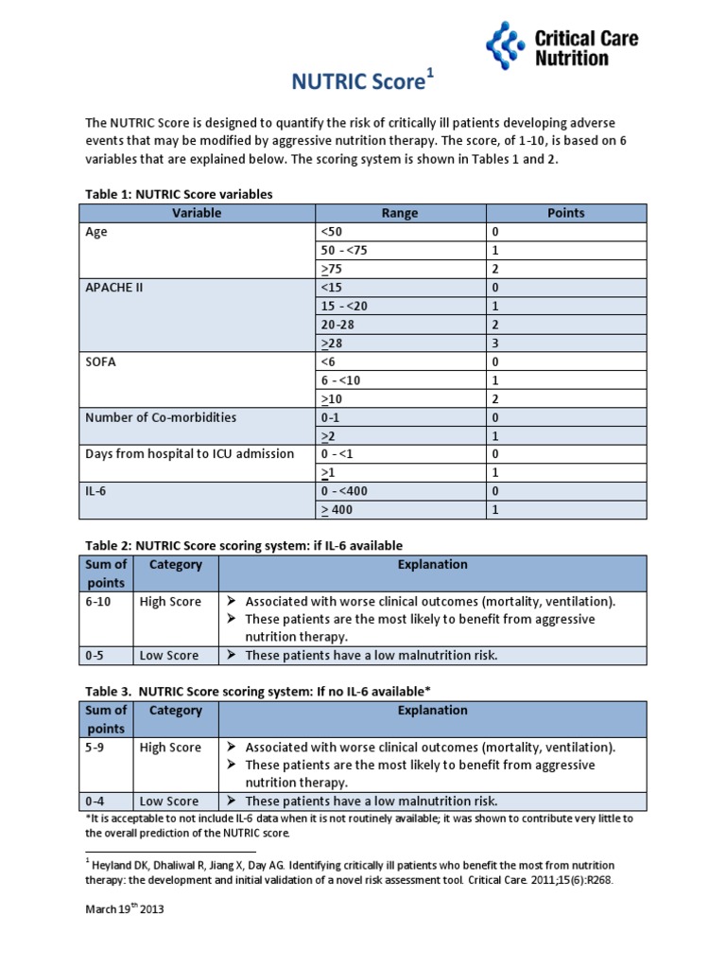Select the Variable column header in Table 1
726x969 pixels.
pyautogui.click(x=197, y=213)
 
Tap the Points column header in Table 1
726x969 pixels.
pyautogui.click(x=565, y=213)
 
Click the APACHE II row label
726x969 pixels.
pyautogui.click(x=113, y=288)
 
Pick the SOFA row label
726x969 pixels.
pyautogui.click(x=101, y=361)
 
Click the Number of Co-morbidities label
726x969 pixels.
pyautogui.click(x=161, y=417)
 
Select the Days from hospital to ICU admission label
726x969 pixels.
pyautogui.click(x=189, y=453)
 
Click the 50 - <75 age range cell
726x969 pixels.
pyautogui.click(x=348, y=251)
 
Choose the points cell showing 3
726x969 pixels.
pyautogui.click(x=494, y=344)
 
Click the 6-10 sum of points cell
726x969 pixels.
pyautogui.click(x=98, y=602)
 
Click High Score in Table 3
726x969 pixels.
pyautogui.click(x=170, y=748)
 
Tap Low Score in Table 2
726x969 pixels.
pyautogui.click(x=168, y=655)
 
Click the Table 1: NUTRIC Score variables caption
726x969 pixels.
pyautogui.click(x=179, y=194)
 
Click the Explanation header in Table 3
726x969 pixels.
pyautogui.click(x=432, y=710)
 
